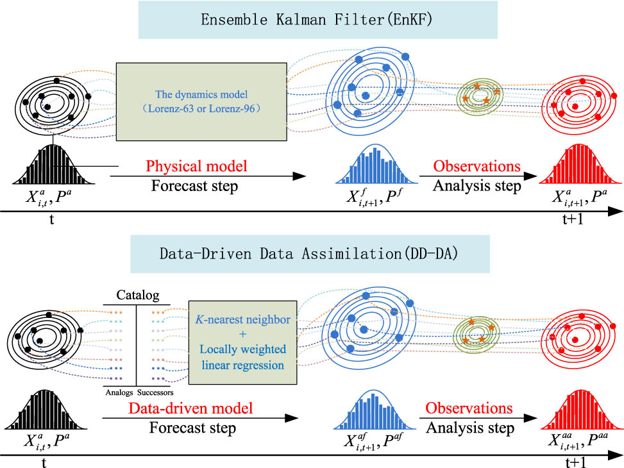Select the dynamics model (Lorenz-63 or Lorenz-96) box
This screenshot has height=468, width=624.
201,101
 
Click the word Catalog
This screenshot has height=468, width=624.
137,296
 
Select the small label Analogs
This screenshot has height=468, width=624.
119,392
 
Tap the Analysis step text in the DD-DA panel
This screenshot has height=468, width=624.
470,428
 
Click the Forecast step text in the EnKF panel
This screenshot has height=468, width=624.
185,186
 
